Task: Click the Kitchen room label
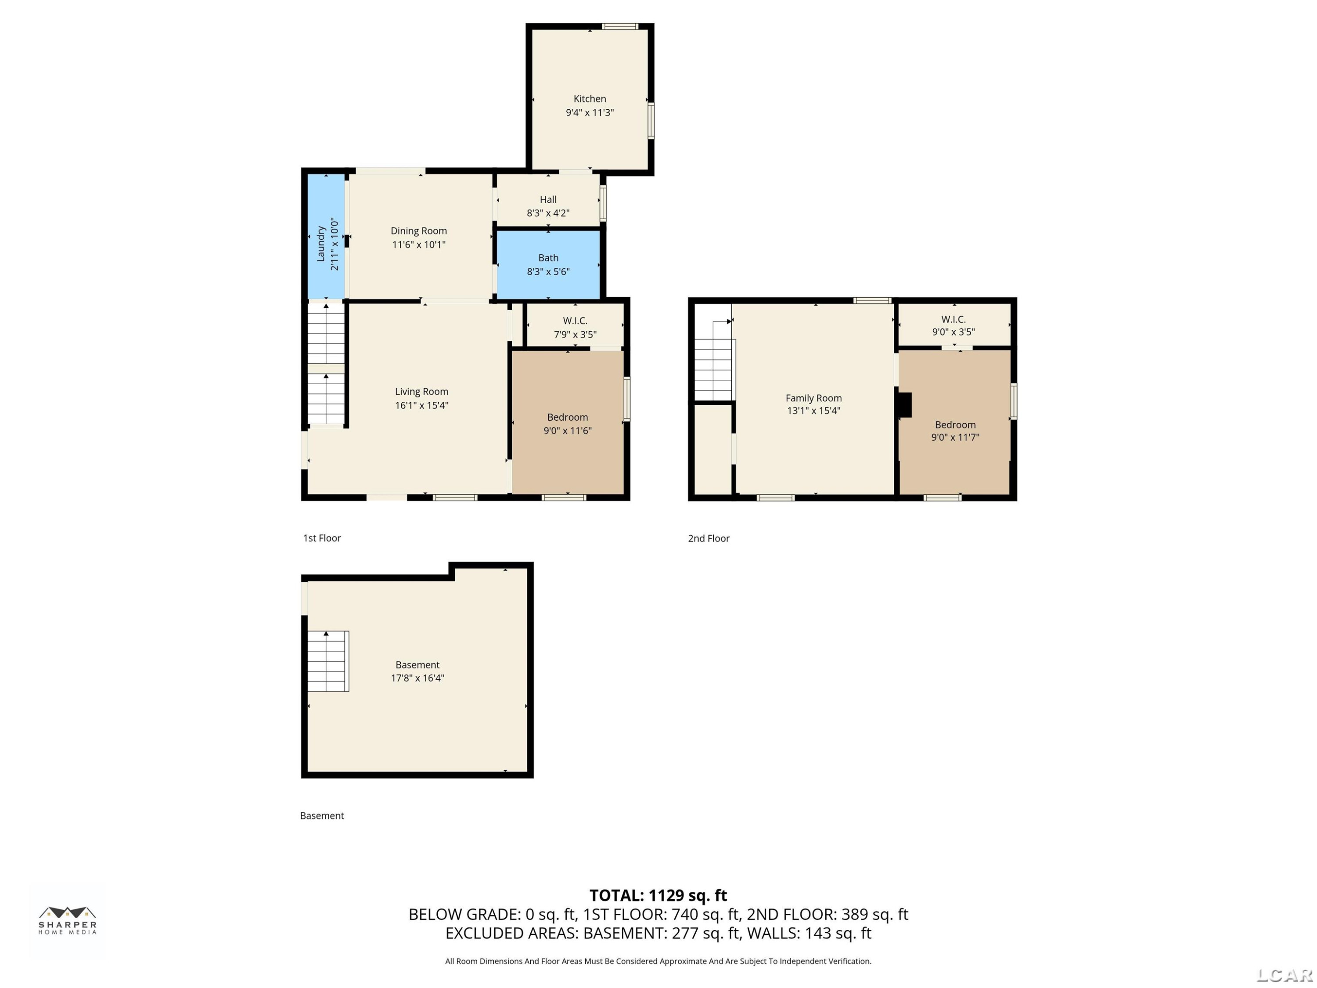tap(590, 99)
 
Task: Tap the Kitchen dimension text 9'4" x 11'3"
tap(590, 112)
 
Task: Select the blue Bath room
tap(548, 264)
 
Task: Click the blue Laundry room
tap(326, 236)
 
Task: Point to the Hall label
tap(548, 199)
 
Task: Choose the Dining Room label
tap(418, 231)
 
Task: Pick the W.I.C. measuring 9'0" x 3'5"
tap(954, 325)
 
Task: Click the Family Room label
tap(813, 398)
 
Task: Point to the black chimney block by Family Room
tap(904, 405)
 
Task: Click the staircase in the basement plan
tap(328, 661)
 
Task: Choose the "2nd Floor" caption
tap(709, 538)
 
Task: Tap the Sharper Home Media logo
tap(67, 920)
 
